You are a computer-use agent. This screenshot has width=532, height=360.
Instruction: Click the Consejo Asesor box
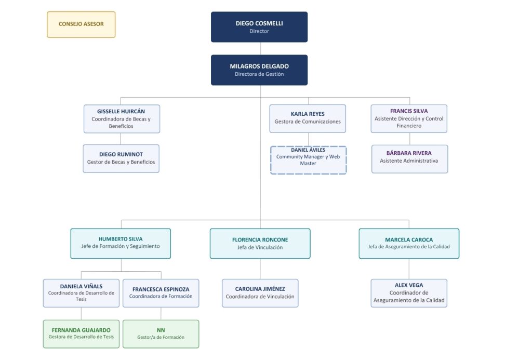point(81,24)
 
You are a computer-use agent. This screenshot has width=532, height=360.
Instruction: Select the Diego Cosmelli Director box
point(259,27)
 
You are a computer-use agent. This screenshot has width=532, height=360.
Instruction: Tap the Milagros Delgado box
point(259,70)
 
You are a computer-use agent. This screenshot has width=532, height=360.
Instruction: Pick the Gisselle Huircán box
point(122,119)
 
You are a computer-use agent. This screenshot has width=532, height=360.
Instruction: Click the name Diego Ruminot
point(121,154)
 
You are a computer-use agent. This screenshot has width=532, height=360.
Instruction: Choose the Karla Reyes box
point(308,118)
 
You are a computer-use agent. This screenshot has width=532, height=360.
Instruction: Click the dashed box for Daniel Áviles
point(309,160)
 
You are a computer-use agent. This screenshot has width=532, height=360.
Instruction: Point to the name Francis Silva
point(409,111)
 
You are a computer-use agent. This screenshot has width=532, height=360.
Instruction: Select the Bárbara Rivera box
point(409,159)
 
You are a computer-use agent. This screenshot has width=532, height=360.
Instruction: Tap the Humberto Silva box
point(121,244)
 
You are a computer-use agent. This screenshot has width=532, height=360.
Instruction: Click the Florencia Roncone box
point(260,244)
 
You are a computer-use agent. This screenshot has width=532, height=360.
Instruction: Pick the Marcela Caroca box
point(409,244)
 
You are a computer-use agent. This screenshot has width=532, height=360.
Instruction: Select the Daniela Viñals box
point(81,293)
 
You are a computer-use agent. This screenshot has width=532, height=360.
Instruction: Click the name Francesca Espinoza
point(161,289)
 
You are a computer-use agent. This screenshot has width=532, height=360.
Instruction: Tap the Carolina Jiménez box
point(260,293)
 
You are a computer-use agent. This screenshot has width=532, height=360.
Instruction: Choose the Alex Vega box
point(409,293)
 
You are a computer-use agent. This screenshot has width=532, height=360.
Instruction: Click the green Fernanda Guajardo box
point(81,334)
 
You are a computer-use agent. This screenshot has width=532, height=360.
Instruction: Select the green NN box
point(161,334)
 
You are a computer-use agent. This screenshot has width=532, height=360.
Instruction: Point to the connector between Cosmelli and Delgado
point(260,48)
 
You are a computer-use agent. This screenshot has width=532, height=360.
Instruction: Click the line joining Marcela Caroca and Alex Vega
point(409,269)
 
